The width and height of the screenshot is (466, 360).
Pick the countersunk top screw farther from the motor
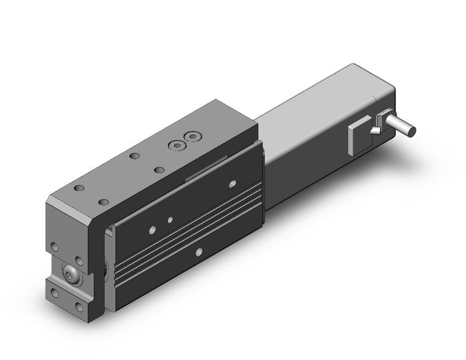click(x=176, y=145)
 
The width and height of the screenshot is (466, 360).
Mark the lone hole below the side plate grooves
click(x=199, y=252)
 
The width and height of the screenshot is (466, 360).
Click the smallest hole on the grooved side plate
click(x=169, y=218)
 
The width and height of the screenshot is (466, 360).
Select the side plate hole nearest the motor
click(x=232, y=183)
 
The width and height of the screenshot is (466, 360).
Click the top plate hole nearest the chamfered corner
click(x=78, y=188)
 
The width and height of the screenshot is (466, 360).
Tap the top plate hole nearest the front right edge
click(x=104, y=202)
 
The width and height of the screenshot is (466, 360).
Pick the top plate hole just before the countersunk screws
click(x=134, y=156)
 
